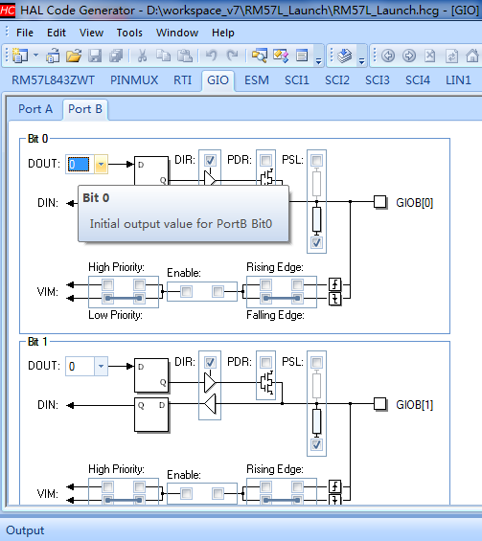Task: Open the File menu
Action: pyautogui.click(x=25, y=33)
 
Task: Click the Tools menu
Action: pyautogui.click(x=129, y=33)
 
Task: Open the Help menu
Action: pyautogui.click(x=223, y=33)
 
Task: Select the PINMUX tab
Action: pyautogui.click(x=134, y=80)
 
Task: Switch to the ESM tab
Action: pyautogui.click(x=257, y=80)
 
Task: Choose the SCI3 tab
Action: pyautogui.click(x=378, y=80)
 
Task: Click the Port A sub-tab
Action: pyautogui.click(x=35, y=109)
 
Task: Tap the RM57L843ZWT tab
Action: pyautogui.click(x=53, y=80)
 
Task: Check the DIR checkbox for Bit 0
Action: pyautogui.click(x=210, y=160)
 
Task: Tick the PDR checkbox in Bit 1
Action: pyautogui.click(x=265, y=362)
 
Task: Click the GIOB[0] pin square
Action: pyautogui.click(x=380, y=202)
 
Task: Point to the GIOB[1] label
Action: pyautogui.click(x=414, y=405)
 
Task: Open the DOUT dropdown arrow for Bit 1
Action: pyautogui.click(x=101, y=366)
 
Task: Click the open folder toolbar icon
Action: pyautogui.click(x=74, y=56)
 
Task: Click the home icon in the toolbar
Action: pyautogui.click(x=472, y=56)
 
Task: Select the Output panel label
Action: pyautogui.click(x=25, y=530)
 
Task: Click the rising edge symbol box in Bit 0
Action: pyautogui.click(x=335, y=284)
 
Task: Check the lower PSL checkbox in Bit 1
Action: pyautogui.click(x=316, y=444)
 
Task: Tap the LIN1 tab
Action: pyautogui.click(x=458, y=80)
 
